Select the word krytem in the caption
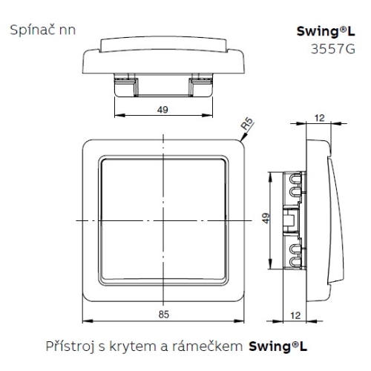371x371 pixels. (127, 346)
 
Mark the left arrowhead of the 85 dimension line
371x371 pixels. (83, 321)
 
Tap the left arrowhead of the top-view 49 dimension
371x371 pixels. (117, 116)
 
